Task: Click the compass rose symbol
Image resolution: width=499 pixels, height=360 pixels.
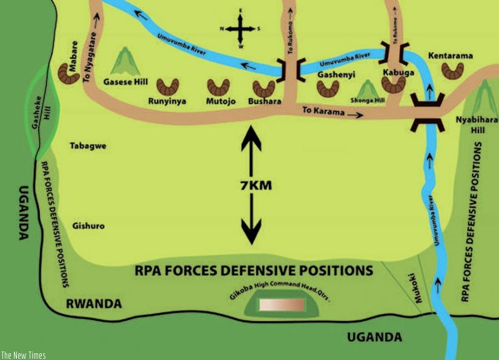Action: [240, 29]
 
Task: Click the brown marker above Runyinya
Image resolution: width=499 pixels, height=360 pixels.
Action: [168, 87]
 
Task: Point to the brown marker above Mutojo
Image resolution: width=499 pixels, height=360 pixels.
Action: [218, 87]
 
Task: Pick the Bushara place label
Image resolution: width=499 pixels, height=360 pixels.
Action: [265, 102]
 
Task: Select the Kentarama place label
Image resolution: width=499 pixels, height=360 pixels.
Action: [450, 56]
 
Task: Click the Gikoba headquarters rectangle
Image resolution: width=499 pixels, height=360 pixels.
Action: [282, 304]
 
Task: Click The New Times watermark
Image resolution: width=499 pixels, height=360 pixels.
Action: [23, 355]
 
